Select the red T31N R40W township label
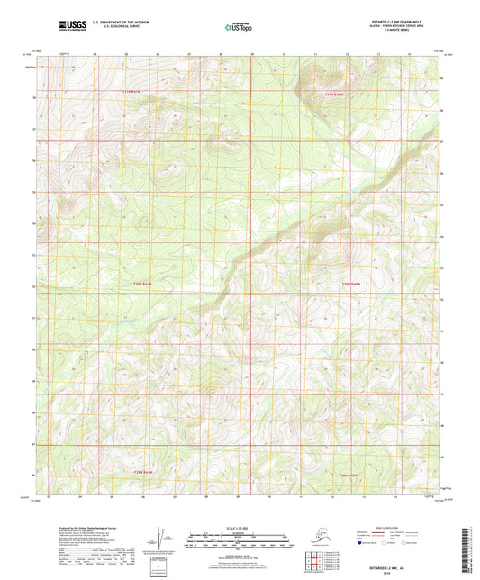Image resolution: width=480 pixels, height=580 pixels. [x=335, y=94]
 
